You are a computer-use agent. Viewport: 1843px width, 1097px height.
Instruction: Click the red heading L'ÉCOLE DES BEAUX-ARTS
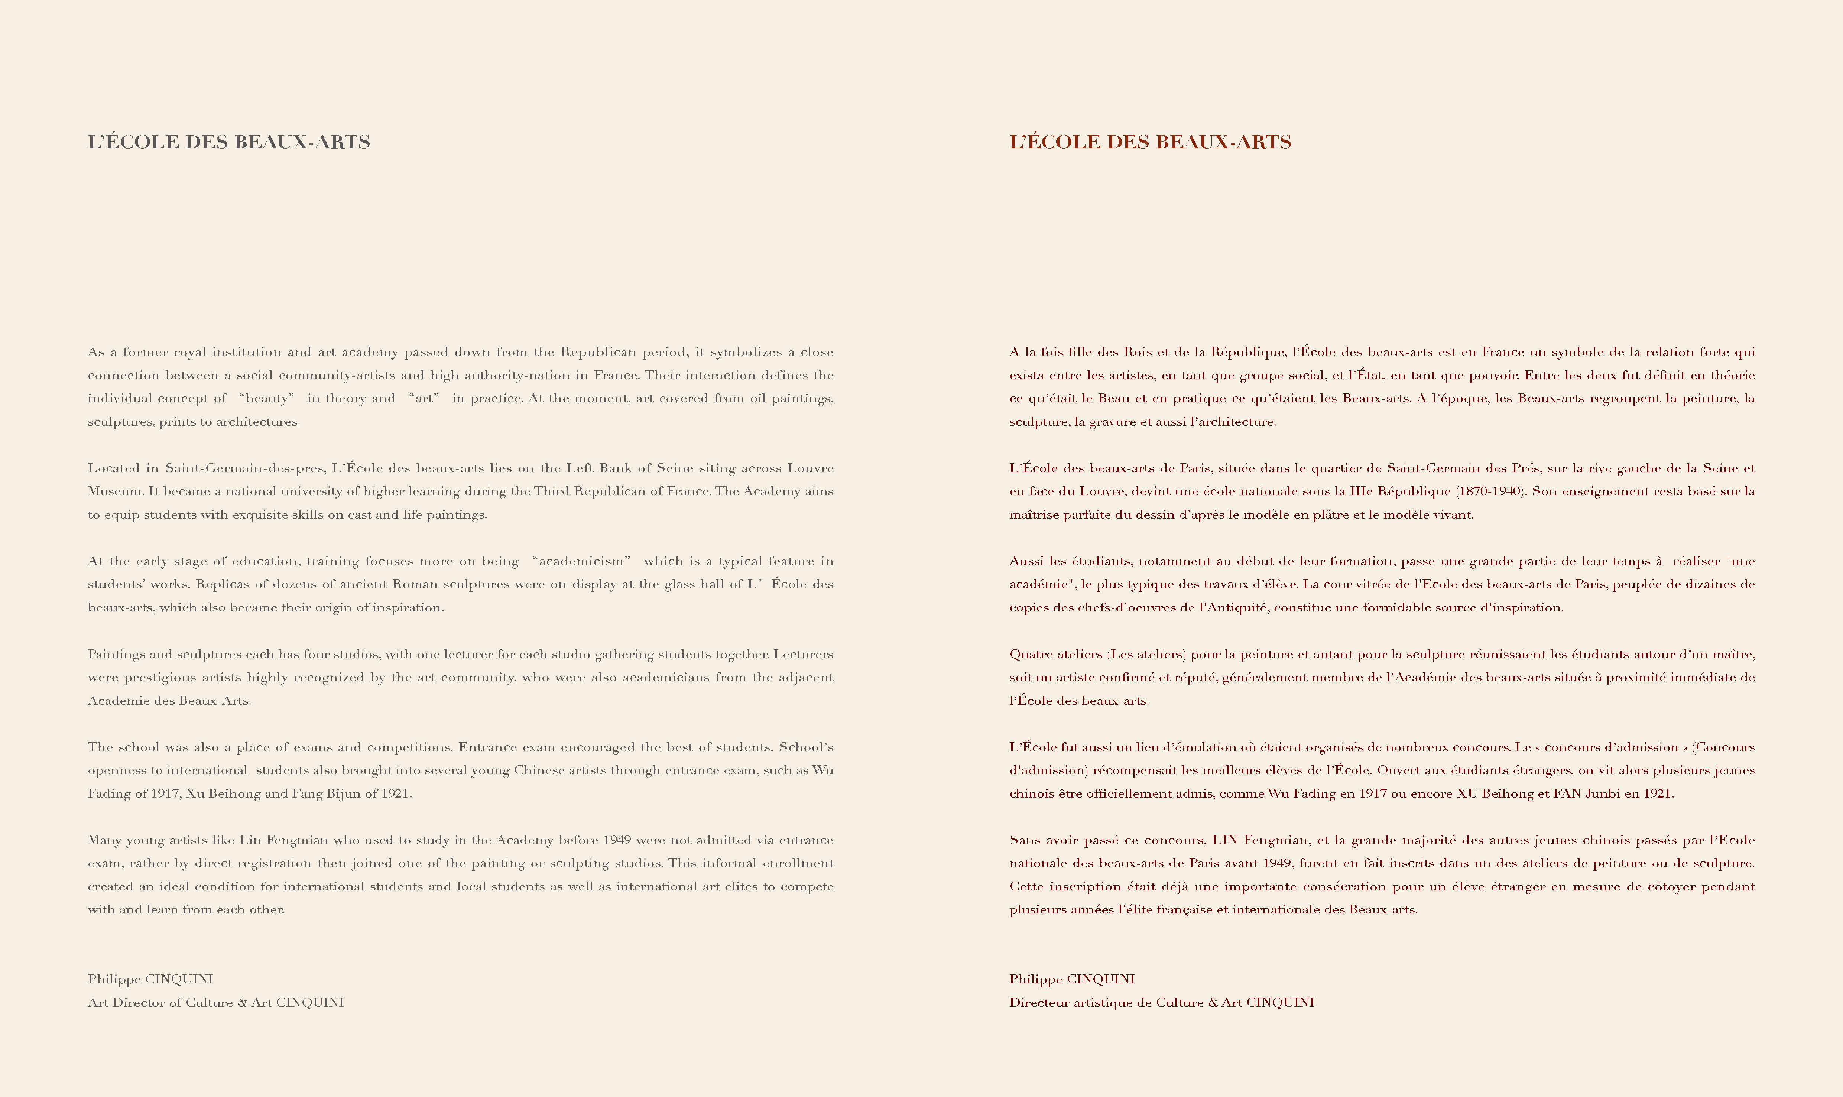[x=1150, y=142]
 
